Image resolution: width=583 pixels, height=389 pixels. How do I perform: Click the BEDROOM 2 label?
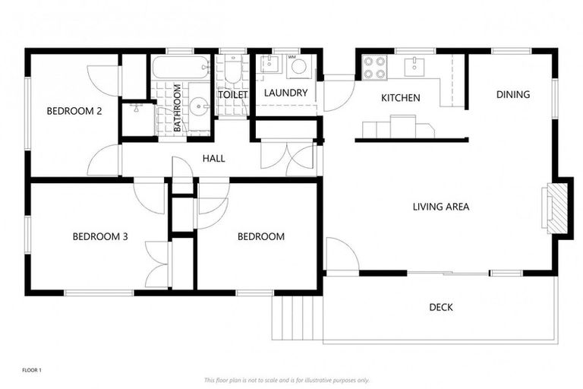pyautogui.click(x=74, y=111)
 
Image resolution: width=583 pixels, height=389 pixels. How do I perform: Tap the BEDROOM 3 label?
pyautogui.click(x=99, y=236)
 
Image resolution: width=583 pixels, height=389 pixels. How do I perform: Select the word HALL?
pyautogui.click(x=213, y=158)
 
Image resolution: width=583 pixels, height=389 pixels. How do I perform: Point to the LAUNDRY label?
pyautogui.click(x=285, y=93)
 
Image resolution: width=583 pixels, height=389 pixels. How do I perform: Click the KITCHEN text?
pyautogui.click(x=400, y=98)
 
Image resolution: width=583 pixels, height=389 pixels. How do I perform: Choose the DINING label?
pyautogui.click(x=513, y=95)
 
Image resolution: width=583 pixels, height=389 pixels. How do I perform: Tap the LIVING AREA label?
pyautogui.click(x=440, y=206)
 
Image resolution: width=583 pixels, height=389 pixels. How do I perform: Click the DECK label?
pyautogui.click(x=441, y=307)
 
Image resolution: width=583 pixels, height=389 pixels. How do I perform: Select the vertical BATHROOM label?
pyautogui.click(x=178, y=108)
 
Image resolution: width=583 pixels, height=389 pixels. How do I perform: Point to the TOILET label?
pyautogui.click(x=232, y=94)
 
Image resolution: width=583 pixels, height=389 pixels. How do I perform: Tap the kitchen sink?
pyautogui.click(x=414, y=66)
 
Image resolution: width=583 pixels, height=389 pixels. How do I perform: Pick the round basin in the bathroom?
pyautogui.click(x=198, y=107)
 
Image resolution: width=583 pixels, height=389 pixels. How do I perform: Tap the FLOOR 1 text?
pyautogui.click(x=32, y=370)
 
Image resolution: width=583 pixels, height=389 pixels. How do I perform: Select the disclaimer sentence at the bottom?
pyautogui.click(x=286, y=379)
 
